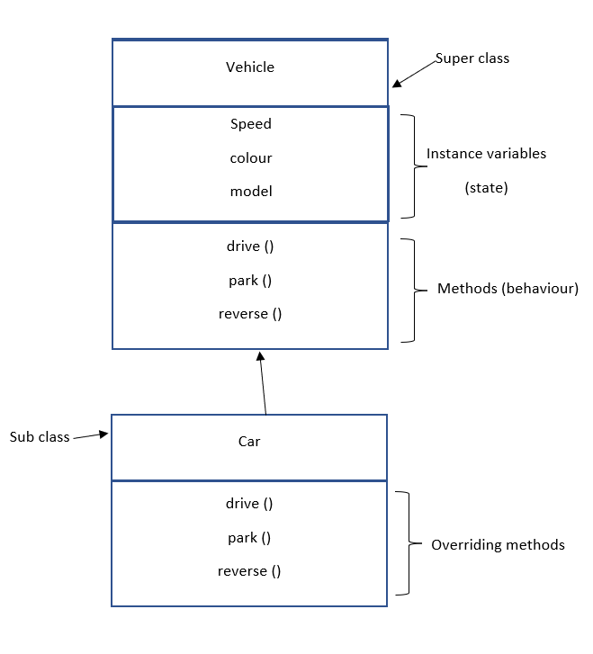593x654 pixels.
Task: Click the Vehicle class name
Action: (250, 67)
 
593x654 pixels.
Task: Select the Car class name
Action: (249, 442)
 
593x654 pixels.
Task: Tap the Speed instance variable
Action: (250, 124)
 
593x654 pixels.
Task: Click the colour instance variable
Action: (250, 158)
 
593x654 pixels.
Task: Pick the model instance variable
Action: (250, 192)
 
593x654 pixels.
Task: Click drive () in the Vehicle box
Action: (250, 246)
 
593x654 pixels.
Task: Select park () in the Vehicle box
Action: (250, 281)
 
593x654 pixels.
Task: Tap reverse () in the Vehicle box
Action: (250, 314)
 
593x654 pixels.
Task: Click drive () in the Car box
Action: (249, 504)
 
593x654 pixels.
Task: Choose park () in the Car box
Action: (249, 538)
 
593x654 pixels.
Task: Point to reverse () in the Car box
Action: (249, 571)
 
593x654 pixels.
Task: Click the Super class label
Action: (472, 58)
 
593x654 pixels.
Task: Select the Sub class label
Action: (40, 438)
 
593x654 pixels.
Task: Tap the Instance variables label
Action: (486, 154)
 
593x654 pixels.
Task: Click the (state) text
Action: (485, 188)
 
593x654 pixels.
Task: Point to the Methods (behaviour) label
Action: (508, 289)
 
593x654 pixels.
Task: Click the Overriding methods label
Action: (498, 545)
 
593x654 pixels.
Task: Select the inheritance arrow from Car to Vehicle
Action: (263, 382)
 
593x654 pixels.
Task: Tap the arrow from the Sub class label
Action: (91, 436)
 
